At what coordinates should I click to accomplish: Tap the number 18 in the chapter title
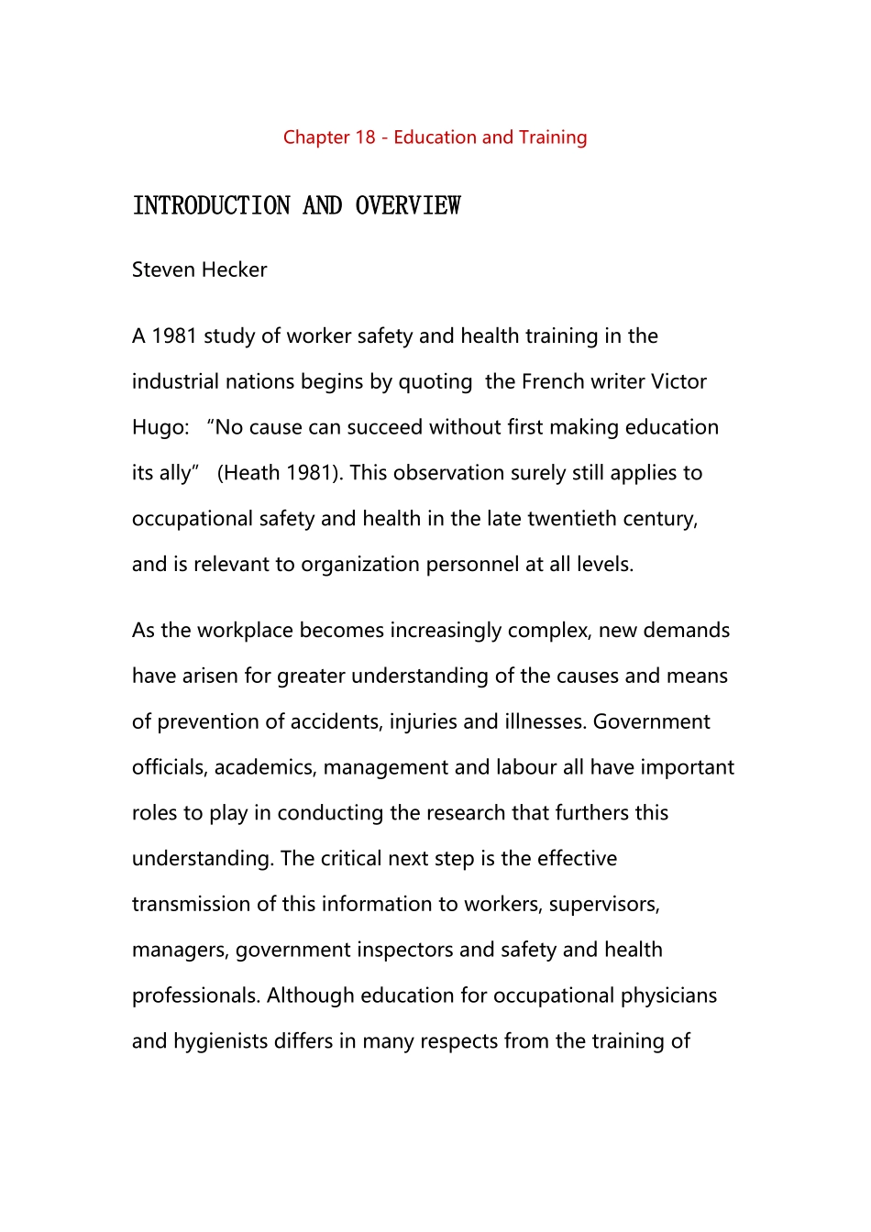(365, 137)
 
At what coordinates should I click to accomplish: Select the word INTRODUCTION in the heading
(212, 205)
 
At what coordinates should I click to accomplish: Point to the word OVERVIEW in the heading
(408, 205)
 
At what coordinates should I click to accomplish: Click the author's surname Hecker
(236, 269)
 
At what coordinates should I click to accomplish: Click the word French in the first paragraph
(555, 381)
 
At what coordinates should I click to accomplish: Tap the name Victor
(678, 381)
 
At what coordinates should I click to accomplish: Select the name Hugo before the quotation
(158, 427)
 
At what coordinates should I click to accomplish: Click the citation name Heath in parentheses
(252, 473)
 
